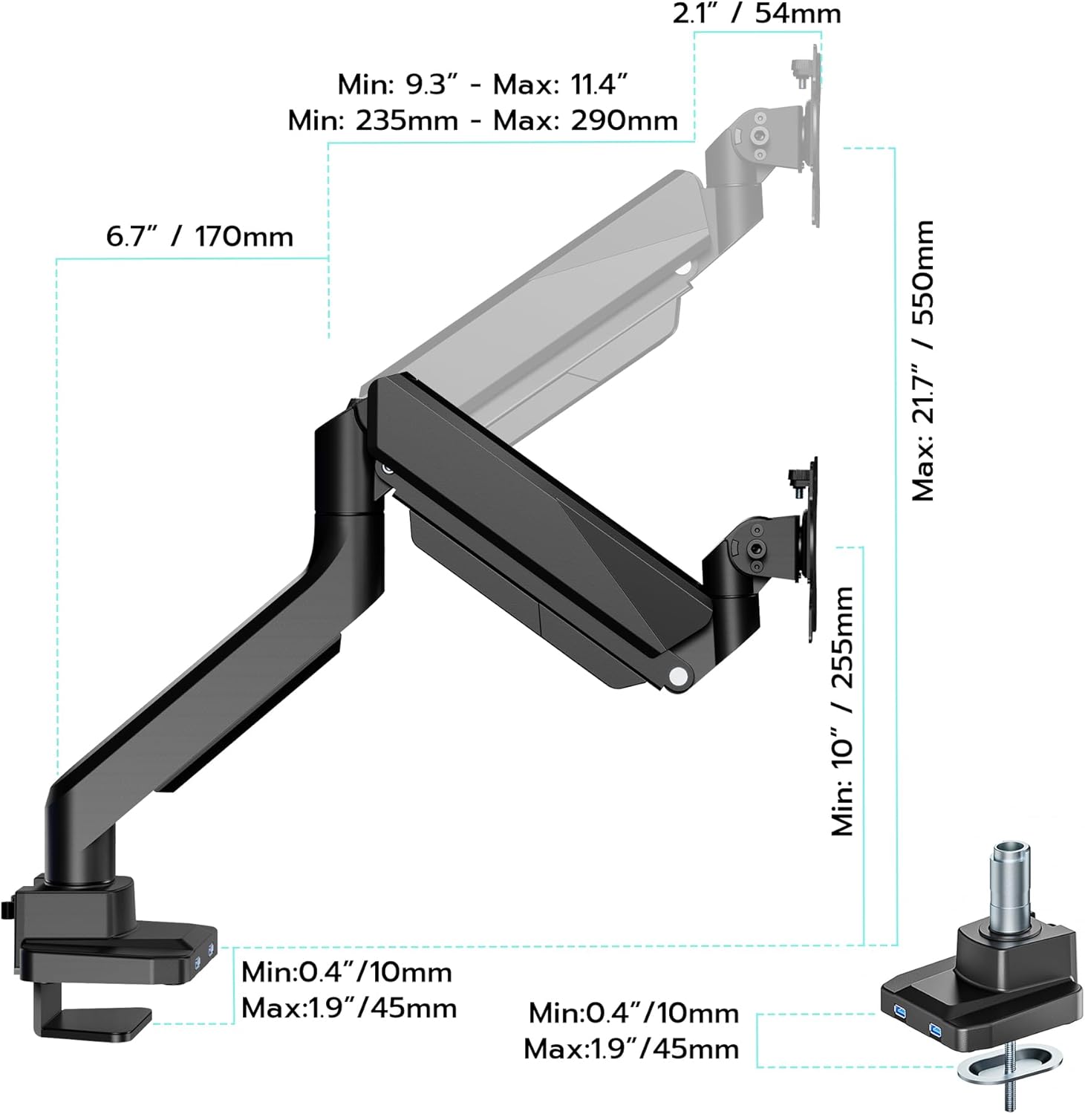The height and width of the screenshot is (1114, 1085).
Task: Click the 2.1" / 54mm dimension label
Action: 756,13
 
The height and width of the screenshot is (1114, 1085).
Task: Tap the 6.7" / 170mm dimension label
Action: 199,237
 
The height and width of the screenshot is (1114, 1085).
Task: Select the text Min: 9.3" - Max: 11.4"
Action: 483,85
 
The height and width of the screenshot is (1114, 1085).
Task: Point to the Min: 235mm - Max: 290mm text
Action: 483,120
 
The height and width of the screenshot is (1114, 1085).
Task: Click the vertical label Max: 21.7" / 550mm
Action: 922,360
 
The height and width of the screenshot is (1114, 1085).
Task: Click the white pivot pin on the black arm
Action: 677,676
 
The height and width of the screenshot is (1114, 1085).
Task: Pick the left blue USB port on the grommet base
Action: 900,1013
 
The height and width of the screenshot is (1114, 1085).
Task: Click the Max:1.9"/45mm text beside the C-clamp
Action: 349,1008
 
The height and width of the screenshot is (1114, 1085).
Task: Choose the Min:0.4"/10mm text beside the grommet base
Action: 633,1013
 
